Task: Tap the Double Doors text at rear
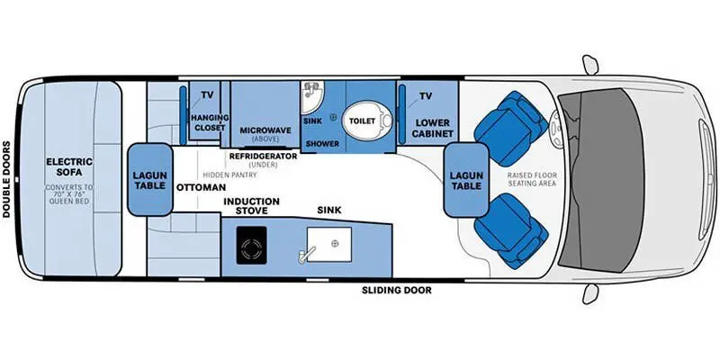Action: coord(7,179)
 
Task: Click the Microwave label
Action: coord(265,130)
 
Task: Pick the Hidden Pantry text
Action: coord(227,174)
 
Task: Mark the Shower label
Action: coord(322,143)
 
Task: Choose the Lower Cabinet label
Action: coord(432,126)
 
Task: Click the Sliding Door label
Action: coord(396,290)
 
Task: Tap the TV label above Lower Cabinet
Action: coord(427,95)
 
